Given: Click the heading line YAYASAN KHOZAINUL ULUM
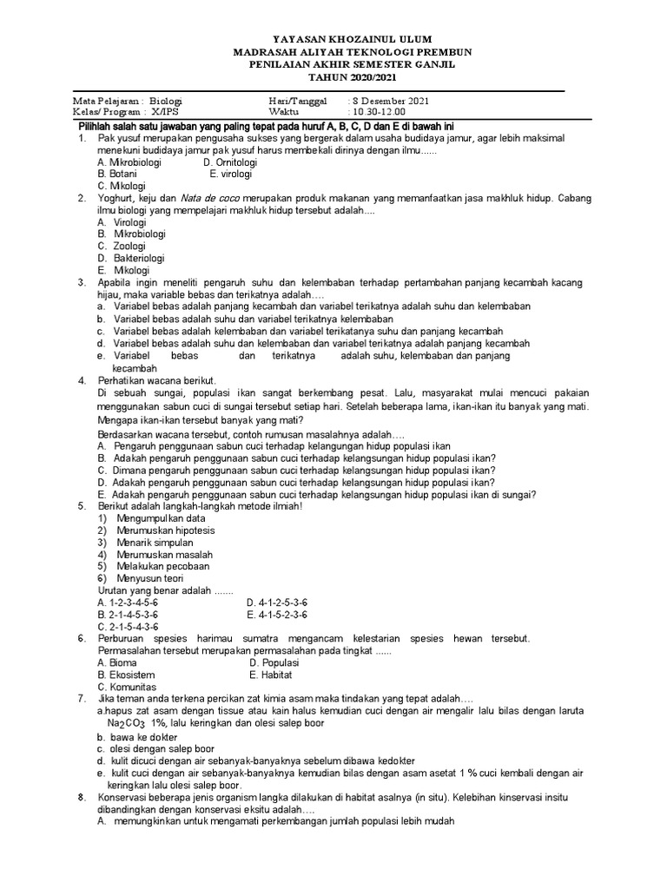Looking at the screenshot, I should point(333,40).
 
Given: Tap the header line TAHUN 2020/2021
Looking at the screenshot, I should point(333,76).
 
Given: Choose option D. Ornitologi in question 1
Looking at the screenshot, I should point(230,161).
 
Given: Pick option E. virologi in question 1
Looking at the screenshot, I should point(230,174).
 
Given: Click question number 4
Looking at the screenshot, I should point(81,380).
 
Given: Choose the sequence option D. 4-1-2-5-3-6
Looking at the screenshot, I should point(283,603).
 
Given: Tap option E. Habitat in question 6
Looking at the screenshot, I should point(271,675).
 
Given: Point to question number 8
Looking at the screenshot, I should point(81,796).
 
